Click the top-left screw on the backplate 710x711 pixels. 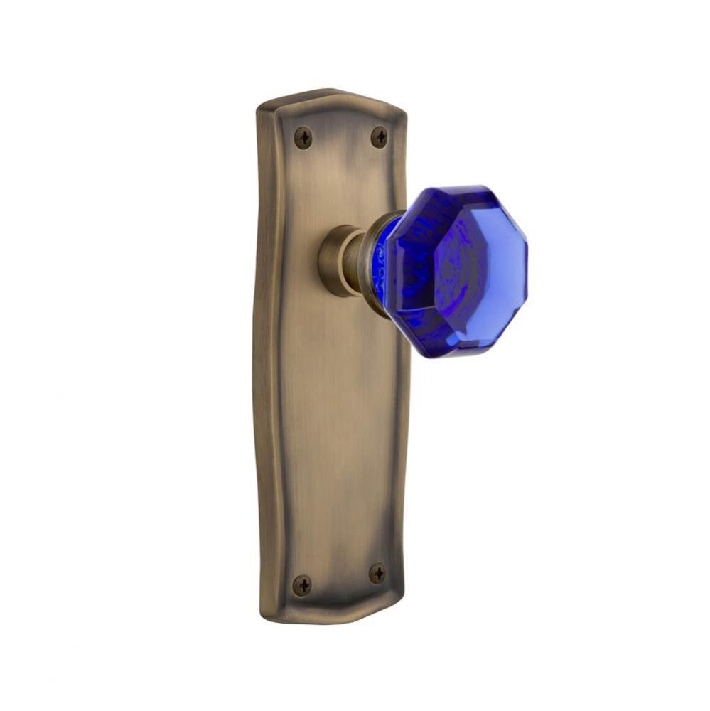coord(303,137)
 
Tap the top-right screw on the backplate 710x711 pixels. coord(380,137)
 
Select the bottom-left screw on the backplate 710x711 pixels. coord(302,585)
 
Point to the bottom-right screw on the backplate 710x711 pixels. coord(377,573)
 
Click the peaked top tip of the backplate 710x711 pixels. coord(327,92)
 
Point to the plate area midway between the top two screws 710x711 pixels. coord(341,137)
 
